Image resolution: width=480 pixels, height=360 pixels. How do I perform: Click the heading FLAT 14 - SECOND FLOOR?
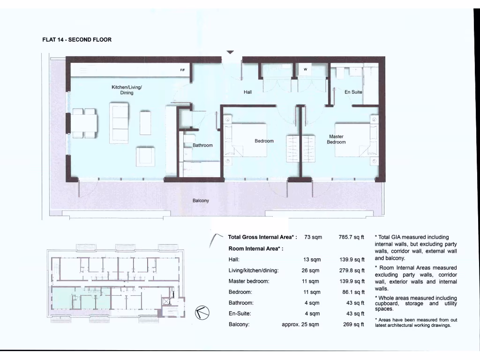[x=77, y=40]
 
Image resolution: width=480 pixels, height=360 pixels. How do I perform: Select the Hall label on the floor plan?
[x=248, y=92]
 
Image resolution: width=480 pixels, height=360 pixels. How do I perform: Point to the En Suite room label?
[x=353, y=92]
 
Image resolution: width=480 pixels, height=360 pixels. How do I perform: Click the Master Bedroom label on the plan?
[x=337, y=139]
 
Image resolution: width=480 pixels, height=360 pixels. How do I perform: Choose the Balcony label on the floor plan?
[x=201, y=201]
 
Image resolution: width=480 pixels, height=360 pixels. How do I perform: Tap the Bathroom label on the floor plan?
[x=202, y=145]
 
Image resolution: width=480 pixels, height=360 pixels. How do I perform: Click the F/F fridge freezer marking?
[x=183, y=70]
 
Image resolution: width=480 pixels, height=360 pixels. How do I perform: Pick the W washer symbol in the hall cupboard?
[x=305, y=69]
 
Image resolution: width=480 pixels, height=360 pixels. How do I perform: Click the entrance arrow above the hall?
[x=230, y=52]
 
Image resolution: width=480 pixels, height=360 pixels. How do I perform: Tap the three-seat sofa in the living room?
[x=119, y=123]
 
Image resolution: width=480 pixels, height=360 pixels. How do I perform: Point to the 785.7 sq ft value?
[x=352, y=238]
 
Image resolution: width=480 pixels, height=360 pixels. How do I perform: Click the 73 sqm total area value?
[x=313, y=238]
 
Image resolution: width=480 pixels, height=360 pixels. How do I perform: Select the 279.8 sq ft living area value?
[x=352, y=270]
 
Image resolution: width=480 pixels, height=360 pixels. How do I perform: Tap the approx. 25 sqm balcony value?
[x=300, y=324]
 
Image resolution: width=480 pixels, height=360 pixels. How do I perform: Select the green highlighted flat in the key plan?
[x=81, y=298]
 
